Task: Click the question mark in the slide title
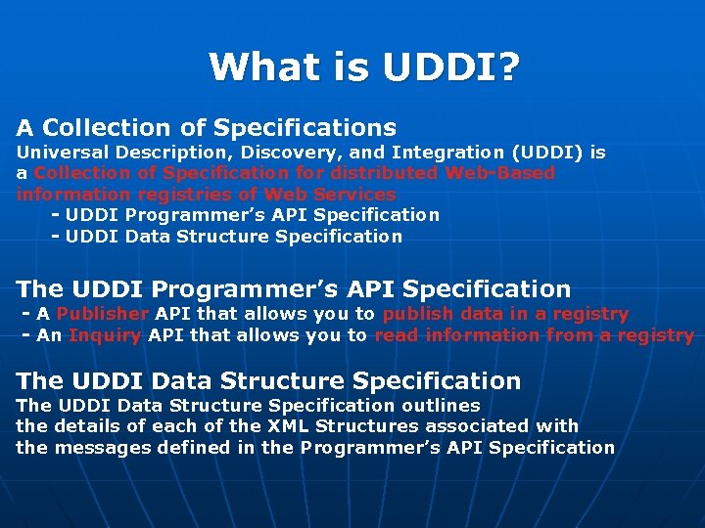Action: pyautogui.click(x=508, y=67)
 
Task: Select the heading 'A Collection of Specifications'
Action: pyautogui.click(x=207, y=128)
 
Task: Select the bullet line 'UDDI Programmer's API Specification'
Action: pyautogui.click(x=252, y=214)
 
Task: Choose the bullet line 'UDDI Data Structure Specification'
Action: pyautogui.click(x=233, y=236)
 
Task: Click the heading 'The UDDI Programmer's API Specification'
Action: pyautogui.click(x=294, y=289)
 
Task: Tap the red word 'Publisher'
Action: pyautogui.click(x=103, y=314)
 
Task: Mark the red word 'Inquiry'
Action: pyautogui.click(x=105, y=335)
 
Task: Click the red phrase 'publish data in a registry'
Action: pyautogui.click(x=505, y=314)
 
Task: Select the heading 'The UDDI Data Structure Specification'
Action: pyautogui.click(x=268, y=381)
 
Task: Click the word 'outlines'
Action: pyautogui.click(x=441, y=405)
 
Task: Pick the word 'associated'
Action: pyautogui.click(x=468, y=426)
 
